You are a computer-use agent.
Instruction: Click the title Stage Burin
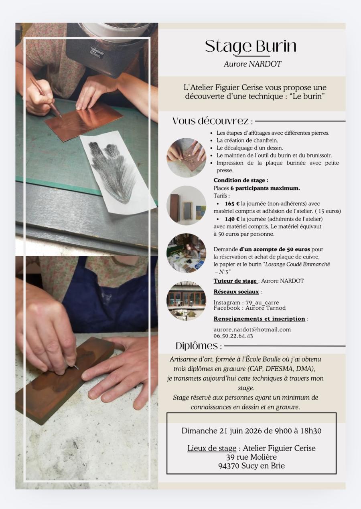pos(251,46)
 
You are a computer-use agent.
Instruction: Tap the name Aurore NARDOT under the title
pos(252,64)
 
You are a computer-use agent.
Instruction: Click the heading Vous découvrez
pos(213,121)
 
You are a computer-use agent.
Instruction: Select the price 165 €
pos(232,204)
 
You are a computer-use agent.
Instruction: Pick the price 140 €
pos(232,219)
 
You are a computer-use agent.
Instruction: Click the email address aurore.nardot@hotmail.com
pos(252,329)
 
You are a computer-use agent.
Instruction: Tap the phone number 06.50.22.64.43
pos(233,336)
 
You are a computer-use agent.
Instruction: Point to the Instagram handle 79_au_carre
pos(262,303)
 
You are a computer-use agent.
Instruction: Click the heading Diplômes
pos(199,346)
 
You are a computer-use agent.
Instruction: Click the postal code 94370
pos(229,466)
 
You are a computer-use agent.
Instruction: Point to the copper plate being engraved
pos(83,121)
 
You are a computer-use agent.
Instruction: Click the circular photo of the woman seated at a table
pos(186,253)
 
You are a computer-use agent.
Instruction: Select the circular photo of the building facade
pos(186,301)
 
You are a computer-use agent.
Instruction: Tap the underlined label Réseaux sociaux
pos(236,292)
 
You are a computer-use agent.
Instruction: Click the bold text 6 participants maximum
pos(265,188)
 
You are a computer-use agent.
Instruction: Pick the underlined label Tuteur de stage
pos(235,281)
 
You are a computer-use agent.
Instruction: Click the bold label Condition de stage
pos(241,180)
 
